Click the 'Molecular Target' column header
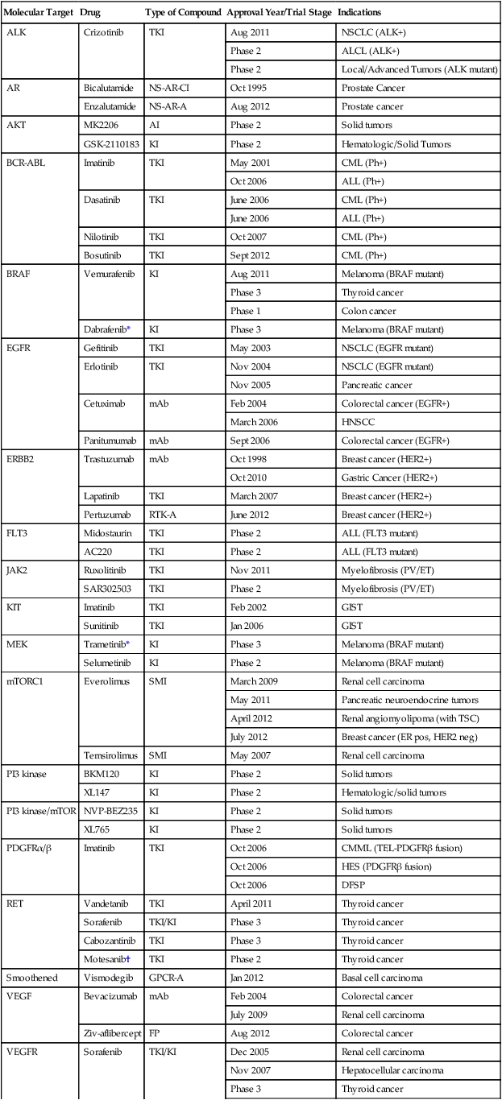click(39, 14)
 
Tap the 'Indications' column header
click(359, 14)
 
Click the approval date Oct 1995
click(247, 88)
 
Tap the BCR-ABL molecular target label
click(25, 163)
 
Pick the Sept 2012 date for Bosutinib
click(250, 255)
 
